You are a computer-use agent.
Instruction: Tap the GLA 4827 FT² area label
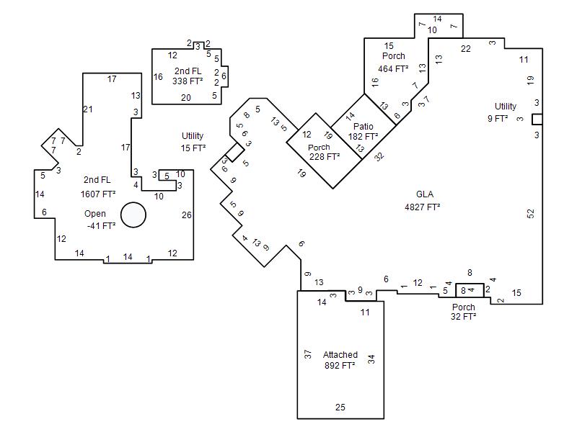pyautogui.click(x=423, y=201)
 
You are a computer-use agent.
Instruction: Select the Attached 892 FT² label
pyautogui.click(x=340, y=360)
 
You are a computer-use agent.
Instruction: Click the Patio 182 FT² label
pyautogui.click(x=364, y=132)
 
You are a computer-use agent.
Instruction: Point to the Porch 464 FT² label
pyautogui.click(x=393, y=63)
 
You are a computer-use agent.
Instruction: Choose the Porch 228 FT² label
pyautogui.click(x=324, y=152)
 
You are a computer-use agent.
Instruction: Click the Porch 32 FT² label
pyautogui.click(x=464, y=312)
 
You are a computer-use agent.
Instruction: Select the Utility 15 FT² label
pyautogui.click(x=193, y=142)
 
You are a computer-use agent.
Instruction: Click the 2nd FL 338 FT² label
pyautogui.click(x=188, y=76)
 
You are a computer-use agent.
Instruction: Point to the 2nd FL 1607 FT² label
pyautogui.click(x=98, y=187)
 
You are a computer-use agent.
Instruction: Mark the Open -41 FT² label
pyautogui.click(x=100, y=220)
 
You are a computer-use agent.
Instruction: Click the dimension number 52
pyautogui.click(x=530, y=213)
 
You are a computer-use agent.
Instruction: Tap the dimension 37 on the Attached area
pyautogui.click(x=308, y=354)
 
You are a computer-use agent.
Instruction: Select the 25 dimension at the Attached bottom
pyautogui.click(x=340, y=407)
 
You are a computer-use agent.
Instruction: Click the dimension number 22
pyautogui.click(x=465, y=49)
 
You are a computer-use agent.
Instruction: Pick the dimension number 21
pyautogui.click(x=87, y=109)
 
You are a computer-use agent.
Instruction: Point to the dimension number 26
pyautogui.click(x=187, y=215)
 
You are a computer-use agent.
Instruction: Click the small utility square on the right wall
pyautogui.click(x=537, y=120)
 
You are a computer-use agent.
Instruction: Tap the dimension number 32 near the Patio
pyautogui.click(x=379, y=156)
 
